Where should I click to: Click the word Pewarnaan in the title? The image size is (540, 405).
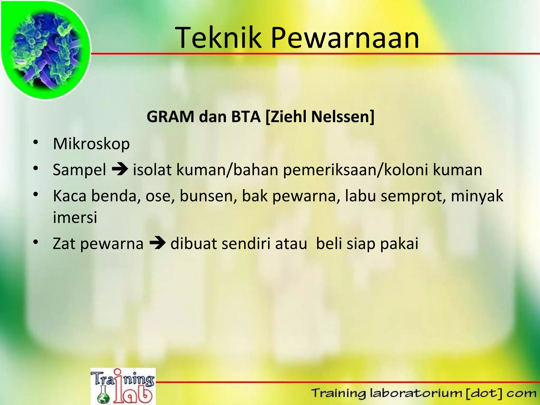[345, 38]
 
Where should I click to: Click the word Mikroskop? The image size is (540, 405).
[91, 144]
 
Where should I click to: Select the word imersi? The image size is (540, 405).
[75, 218]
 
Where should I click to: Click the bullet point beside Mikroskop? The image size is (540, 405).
[36, 143]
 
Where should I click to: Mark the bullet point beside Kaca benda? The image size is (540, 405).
[36, 195]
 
